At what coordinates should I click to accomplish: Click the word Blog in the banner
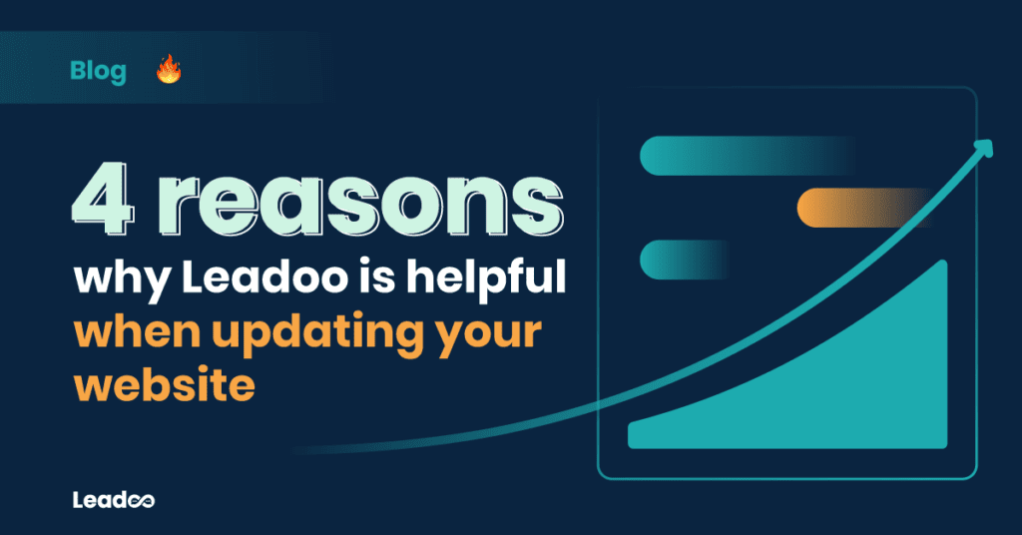pyautogui.click(x=99, y=72)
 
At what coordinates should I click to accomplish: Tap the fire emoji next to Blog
pyautogui.click(x=169, y=71)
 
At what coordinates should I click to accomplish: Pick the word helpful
pyautogui.click(x=497, y=278)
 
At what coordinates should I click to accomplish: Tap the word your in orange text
pyautogui.click(x=496, y=333)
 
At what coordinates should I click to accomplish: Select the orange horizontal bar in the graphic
pyautogui.click(x=838, y=206)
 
